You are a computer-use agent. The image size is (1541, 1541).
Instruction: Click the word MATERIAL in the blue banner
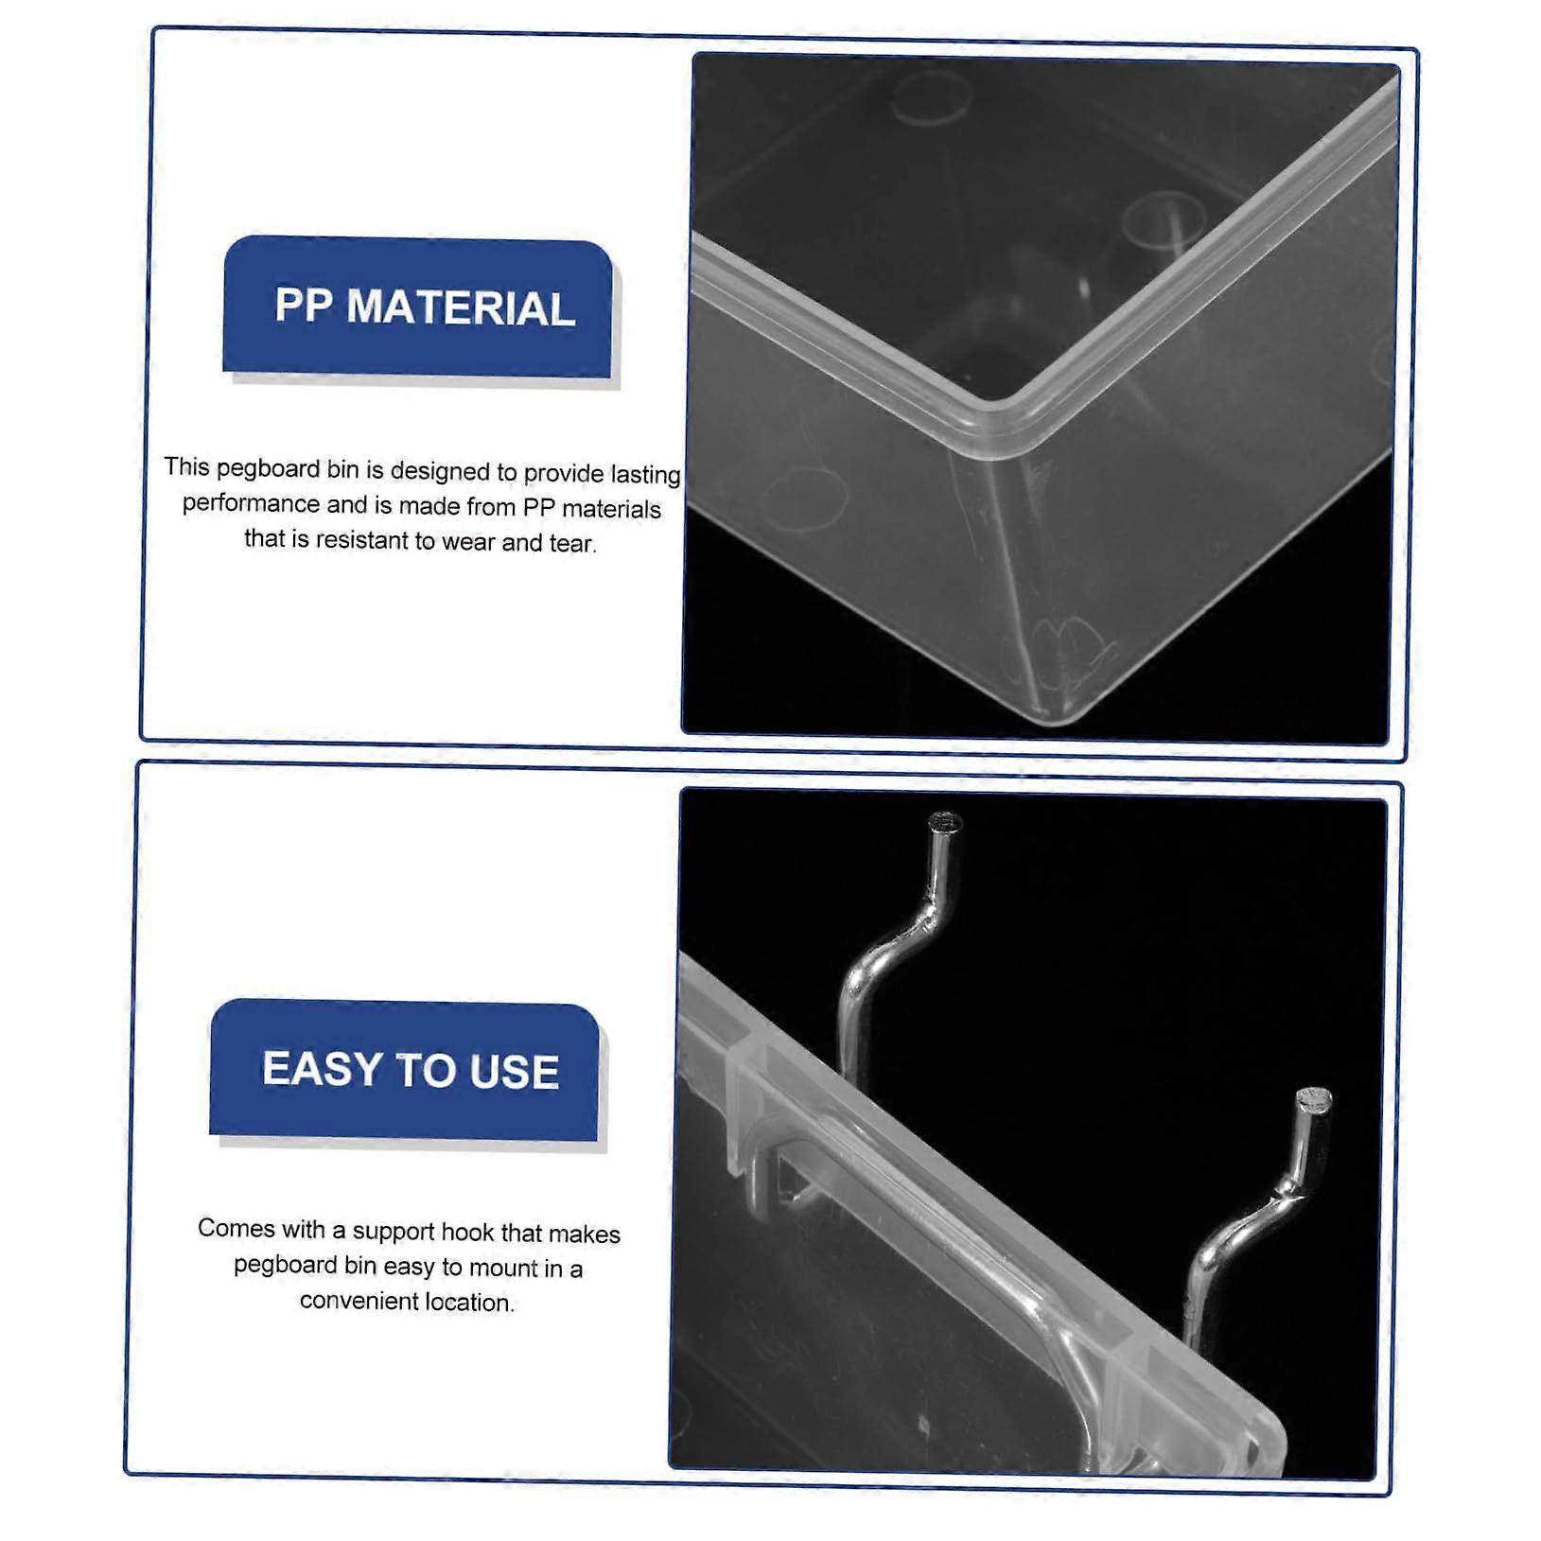tap(461, 308)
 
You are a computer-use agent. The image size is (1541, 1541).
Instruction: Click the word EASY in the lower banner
tap(322, 1069)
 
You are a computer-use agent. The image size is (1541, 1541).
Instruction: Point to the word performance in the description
tap(252, 503)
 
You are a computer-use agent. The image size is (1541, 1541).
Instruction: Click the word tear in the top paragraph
tap(573, 543)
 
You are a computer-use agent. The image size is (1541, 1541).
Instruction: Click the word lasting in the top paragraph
tap(645, 474)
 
